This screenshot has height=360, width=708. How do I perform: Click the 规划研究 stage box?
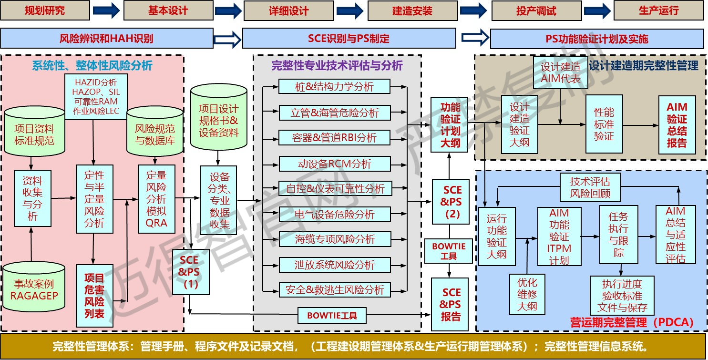pos(45,10)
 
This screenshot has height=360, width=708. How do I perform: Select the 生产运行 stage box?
pos(658,10)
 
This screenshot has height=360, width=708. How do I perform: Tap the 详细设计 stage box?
pos(289,10)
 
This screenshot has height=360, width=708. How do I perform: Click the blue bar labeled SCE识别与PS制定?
pos(349,39)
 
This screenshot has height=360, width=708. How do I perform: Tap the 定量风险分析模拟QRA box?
pos(156,199)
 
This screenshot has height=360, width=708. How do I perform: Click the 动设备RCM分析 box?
pos(334,164)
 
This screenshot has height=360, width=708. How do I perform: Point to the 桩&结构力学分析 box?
pos(334,87)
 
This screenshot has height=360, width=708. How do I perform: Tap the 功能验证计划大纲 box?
pos(450,124)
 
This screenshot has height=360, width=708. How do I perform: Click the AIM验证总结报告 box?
pos(677,125)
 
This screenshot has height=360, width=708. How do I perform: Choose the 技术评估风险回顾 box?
pos(590,187)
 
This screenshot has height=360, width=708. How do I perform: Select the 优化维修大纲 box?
pos(527,294)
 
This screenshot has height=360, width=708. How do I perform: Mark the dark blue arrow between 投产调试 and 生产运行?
pos(597,10)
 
